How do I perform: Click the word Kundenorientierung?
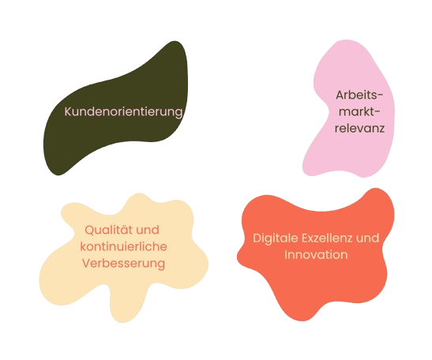pyautogui.click(x=123, y=112)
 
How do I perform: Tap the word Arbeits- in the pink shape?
pyautogui.click(x=359, y=96)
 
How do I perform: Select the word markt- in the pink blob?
pyautogui.click(x=359, y=112)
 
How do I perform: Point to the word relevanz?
pyautogui.click(x=359, y=129)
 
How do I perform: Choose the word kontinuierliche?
pyautogui.click(x=123, y=246)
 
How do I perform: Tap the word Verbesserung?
pyautogui.click(x=124, y=264)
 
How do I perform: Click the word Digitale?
pyautogui.click(x=276, y=238)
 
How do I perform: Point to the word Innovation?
pyautogui.click(x=316, y=255)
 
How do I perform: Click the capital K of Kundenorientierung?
pyautogui.click(x=68, y=111)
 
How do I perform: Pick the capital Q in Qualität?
pyautogui.click(x=89, y=230)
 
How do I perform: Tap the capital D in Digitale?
pyautogui.click(x=257, y=238)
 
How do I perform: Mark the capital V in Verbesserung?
pyautogui.click(x=86, y=264)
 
